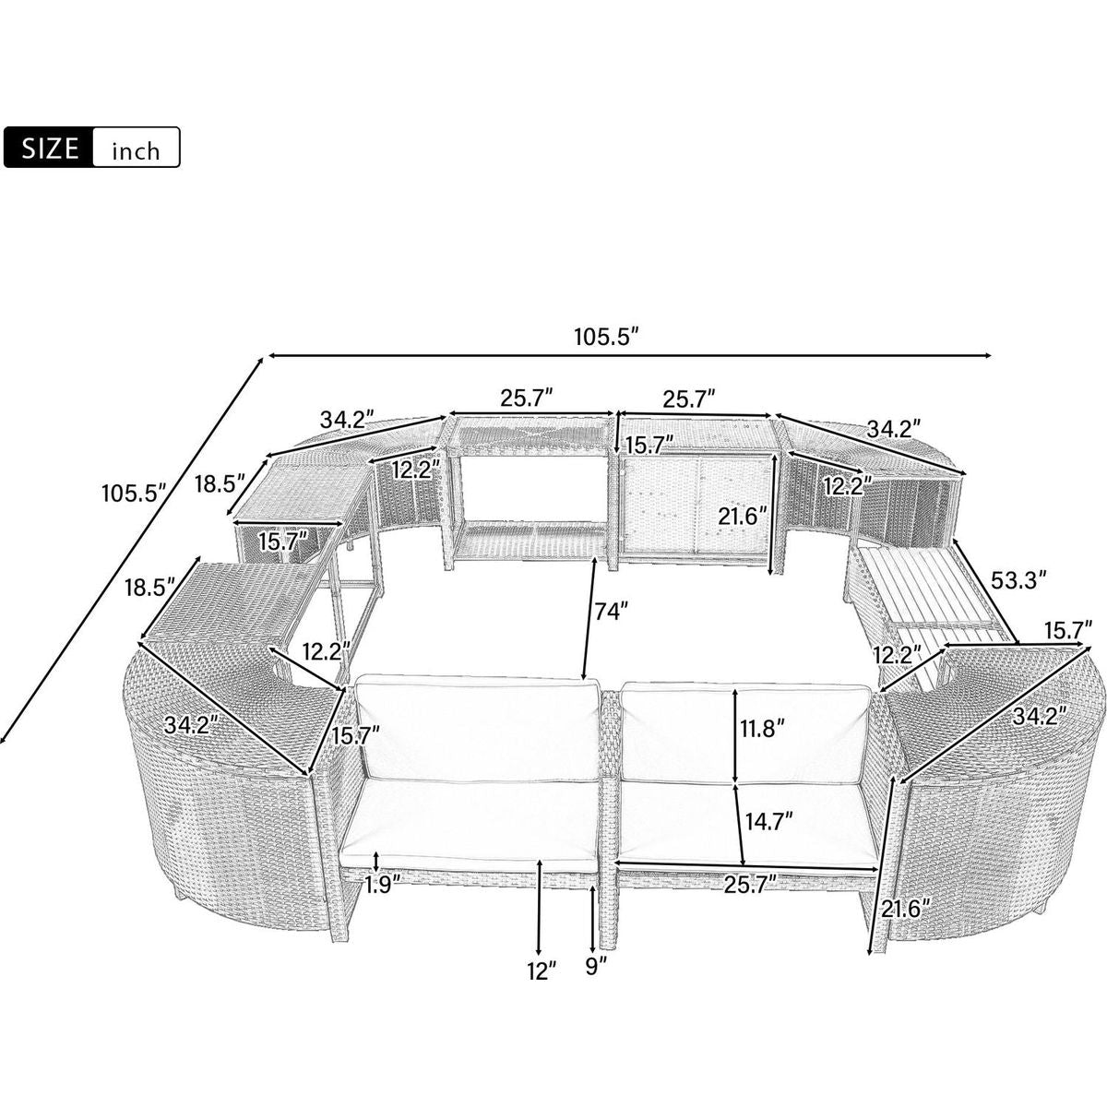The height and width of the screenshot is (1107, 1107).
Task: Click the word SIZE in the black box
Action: [x=50, y=148]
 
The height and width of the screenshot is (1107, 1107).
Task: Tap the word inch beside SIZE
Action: [x=137, y=151]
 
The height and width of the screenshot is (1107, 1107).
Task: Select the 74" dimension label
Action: [x=607, y=610]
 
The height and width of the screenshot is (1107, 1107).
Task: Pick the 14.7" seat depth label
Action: [x=768, y=819]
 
